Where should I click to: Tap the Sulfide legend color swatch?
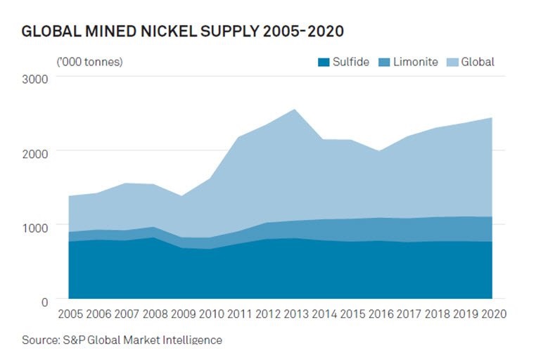324,62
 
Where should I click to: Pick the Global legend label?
478,62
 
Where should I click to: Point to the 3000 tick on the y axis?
34,78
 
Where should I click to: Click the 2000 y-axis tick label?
34,153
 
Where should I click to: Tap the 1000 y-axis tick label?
34,227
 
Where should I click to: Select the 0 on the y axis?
44,302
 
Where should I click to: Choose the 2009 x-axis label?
182,313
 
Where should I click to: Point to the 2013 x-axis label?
295,313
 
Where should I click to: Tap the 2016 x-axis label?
380,313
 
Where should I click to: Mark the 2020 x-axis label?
491,313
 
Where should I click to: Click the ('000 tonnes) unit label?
89,62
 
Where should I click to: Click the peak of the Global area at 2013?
295,110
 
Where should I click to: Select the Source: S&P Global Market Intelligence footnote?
122,340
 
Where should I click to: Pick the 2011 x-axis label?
238,313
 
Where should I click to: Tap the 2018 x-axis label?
436,313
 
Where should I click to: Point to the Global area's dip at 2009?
182,196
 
